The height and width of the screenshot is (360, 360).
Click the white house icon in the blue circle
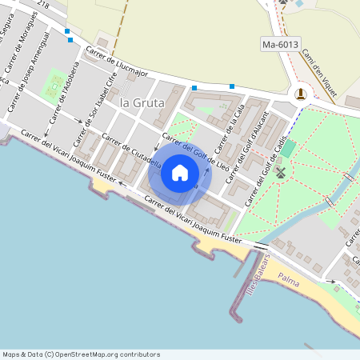pyautogui.click(x=180, y=173)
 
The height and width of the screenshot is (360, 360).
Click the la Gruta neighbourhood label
pyautogui.click(x=142, y=103)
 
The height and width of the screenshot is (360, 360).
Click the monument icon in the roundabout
pyautogui.click(x=300, y=94)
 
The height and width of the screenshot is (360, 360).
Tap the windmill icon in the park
pyautogui.click(x=279, y=172)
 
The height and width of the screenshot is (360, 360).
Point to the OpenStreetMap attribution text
pyautogui.click(x=81, y=354)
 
